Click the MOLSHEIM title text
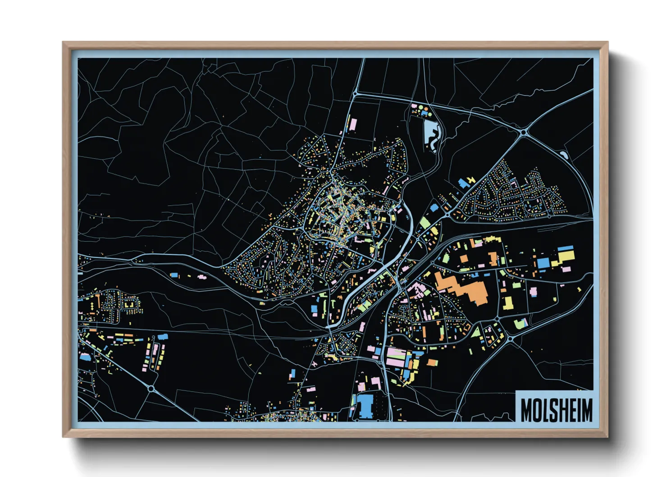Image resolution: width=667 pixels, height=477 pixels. (557, 410)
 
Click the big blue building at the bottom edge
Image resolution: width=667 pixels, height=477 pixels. (365, 405)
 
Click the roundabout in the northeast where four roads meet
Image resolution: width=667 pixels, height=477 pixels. (523, 132)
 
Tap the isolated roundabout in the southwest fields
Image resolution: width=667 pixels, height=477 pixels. (151, 388)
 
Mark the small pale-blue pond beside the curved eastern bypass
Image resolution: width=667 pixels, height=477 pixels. (564, 155)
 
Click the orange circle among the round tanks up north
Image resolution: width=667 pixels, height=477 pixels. (422, 108)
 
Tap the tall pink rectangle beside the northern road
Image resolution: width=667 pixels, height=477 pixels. (353, 124)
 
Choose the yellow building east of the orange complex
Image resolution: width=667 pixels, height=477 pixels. (508, 303)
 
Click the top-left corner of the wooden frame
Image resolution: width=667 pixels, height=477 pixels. (64, 43)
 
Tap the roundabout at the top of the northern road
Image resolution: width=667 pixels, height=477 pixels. (355, 94)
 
